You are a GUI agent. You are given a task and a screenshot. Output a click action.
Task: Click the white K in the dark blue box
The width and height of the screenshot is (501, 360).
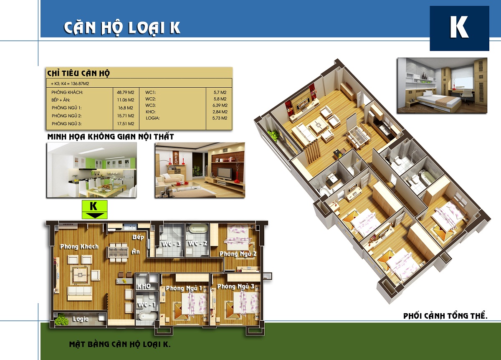coord(459,27)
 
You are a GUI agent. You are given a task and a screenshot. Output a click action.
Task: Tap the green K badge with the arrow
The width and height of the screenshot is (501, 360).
coord(95,209)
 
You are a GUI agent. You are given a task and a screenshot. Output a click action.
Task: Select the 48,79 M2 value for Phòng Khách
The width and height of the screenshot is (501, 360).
coord(126,92)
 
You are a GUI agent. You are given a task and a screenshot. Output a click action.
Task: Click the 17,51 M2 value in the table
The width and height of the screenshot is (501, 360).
coord(126,124)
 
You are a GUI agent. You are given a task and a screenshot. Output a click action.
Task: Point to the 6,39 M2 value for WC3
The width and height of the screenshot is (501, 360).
coord(220,105)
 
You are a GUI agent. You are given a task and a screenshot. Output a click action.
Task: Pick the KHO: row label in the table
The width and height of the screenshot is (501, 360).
coord(151,112)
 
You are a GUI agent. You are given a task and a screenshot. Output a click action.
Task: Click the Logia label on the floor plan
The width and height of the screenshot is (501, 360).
coord(81,319)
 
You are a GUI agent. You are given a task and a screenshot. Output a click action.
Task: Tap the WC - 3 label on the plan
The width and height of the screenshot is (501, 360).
coord(171,244)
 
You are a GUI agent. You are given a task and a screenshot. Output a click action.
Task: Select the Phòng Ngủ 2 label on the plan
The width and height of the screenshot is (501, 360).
coord(238,254)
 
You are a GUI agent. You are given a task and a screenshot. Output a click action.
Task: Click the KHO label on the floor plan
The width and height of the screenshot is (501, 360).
coord(144,286)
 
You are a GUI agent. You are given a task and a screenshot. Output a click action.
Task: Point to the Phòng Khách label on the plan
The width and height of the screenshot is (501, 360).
coord(79,246)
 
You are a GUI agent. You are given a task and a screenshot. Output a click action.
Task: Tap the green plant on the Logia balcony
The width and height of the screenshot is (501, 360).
coord(61,319)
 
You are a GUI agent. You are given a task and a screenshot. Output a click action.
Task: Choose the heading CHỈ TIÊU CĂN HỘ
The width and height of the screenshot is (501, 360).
coord(78,74)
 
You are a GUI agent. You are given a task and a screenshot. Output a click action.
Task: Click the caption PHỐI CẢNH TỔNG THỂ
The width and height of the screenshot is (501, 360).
coord(445,316)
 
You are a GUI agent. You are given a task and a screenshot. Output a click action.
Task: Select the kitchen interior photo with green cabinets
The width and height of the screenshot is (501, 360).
coord(92,170)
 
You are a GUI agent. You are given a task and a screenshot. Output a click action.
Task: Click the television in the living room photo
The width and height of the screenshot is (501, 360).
coord(225,173)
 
